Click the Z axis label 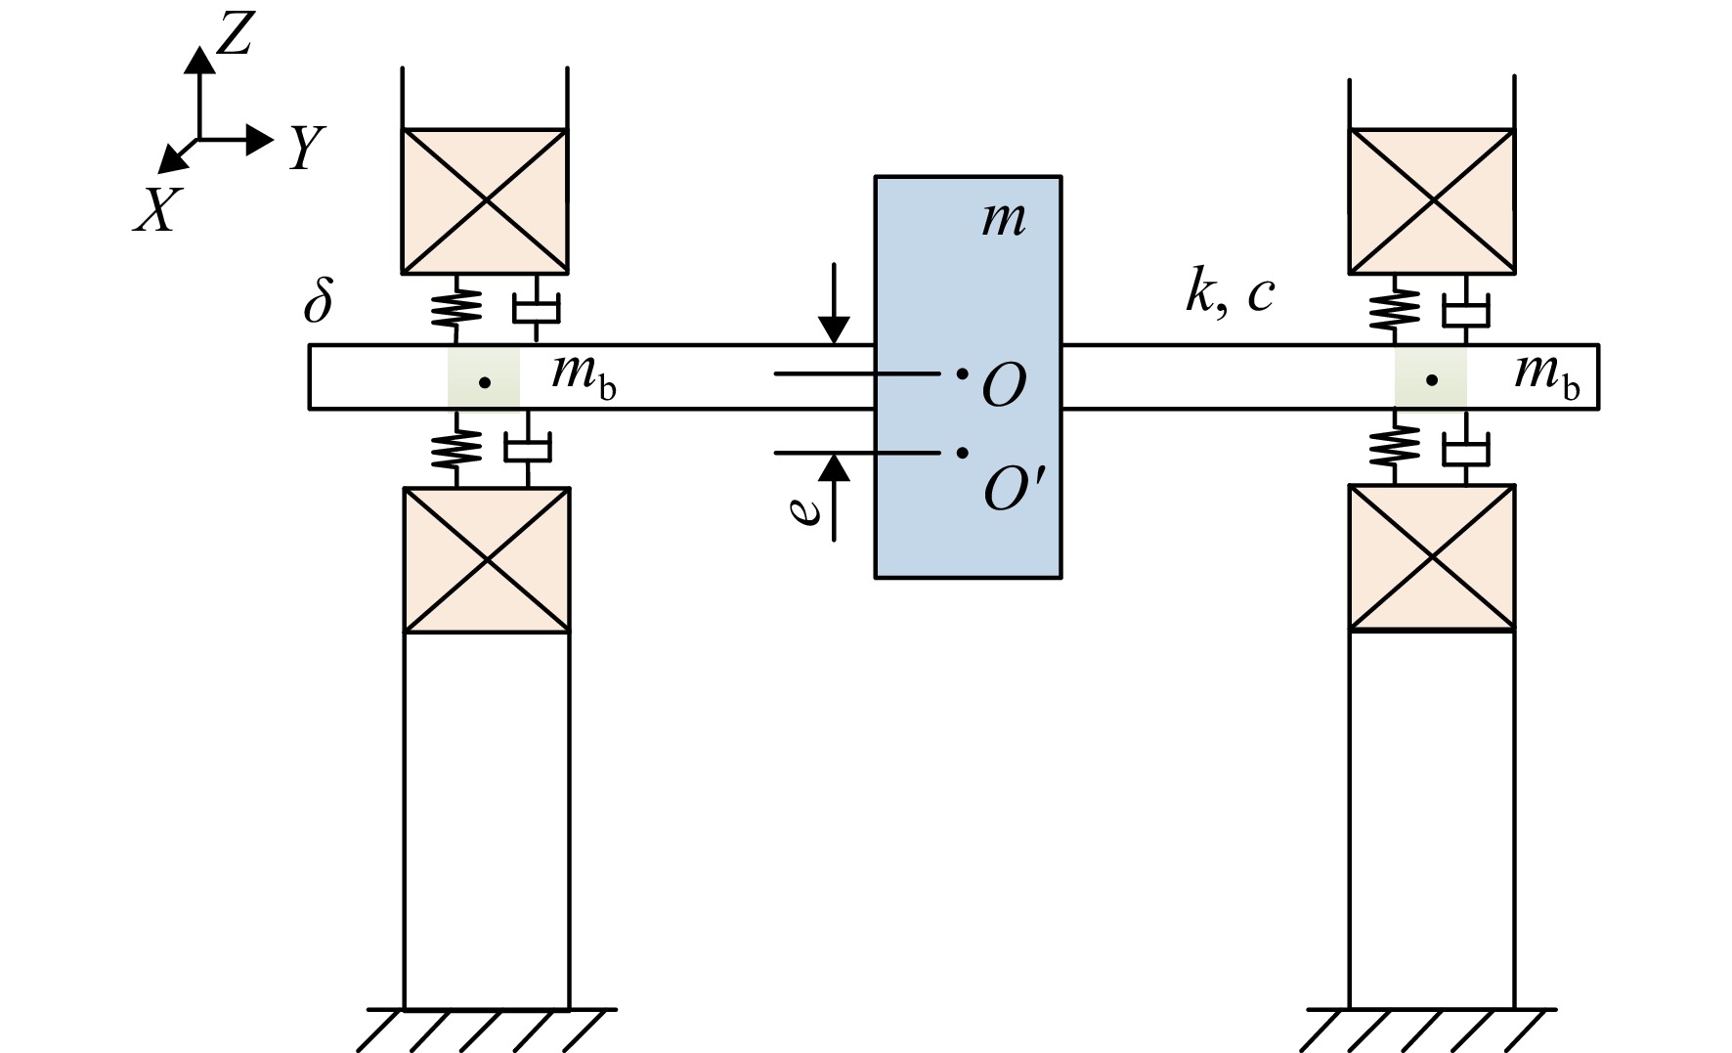pyautogui.click(x=235, y=37)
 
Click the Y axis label pyautogui.click(x=306, y=149)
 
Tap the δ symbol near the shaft pyautogui.click(x=319, y=300)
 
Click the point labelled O pyautogui.click(x=963, y=373)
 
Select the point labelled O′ pyautogui.click(x=963, y=452)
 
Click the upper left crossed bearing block pyautogui.click(x=485, y=200)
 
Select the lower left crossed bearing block pyautogui.click(x=487, y=560)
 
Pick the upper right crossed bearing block pyautogui.click(x=1432, y=200)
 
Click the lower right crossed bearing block pyautogui.click(x=1432, y=558)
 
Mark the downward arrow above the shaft pyautogui.click(x=834, y=303)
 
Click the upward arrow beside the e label pyautogui.click(x=834, y=497)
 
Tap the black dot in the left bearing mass pyautogui.click(x=484, y=382)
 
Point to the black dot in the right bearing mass pyautogui.click(x=1432, y=380)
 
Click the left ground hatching pyautogui.click(x=486, y=1030)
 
